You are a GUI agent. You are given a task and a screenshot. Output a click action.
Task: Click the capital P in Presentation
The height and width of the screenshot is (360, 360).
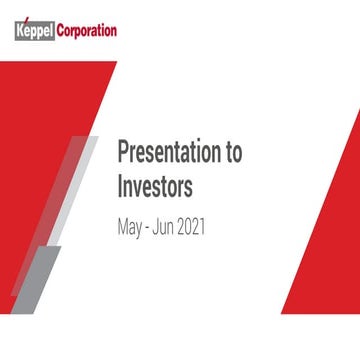click(x=123, y=153)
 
